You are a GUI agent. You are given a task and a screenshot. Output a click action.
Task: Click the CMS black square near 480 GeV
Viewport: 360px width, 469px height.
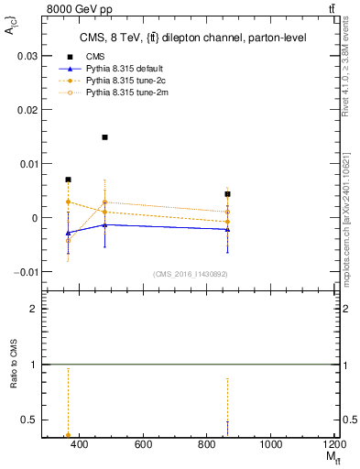105,137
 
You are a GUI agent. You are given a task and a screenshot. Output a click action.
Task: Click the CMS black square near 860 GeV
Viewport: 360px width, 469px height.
227,194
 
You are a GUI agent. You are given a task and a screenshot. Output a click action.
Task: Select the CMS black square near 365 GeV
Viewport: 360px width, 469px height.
68,180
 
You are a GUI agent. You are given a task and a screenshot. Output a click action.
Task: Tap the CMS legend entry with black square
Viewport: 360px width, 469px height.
94,57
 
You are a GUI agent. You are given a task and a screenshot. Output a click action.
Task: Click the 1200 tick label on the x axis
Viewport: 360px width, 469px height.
333,444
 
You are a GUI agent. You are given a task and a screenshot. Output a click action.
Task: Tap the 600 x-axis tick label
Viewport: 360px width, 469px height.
143,444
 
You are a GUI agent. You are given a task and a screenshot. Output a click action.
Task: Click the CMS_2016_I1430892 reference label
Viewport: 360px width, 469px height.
190,274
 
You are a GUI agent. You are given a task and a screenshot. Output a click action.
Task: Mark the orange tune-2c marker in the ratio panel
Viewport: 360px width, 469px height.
68,435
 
